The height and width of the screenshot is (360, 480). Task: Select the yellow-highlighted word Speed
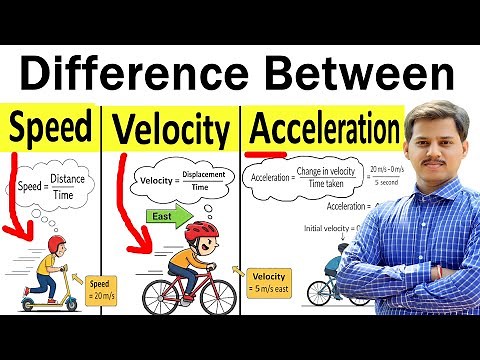tap(52, 128)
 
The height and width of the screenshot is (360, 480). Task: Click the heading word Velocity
tap(172, 129)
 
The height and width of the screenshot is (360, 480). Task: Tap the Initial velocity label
tap(331, 229)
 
